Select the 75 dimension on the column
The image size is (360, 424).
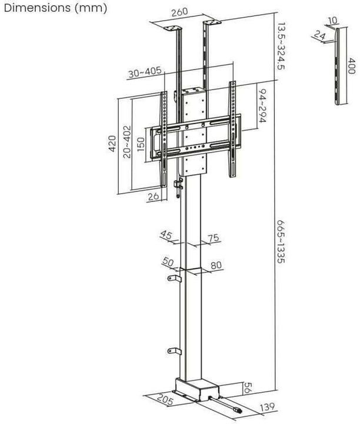(x=213, y=238)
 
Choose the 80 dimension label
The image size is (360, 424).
(x=216, y=265)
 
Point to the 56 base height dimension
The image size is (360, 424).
(x=248, y=387)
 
